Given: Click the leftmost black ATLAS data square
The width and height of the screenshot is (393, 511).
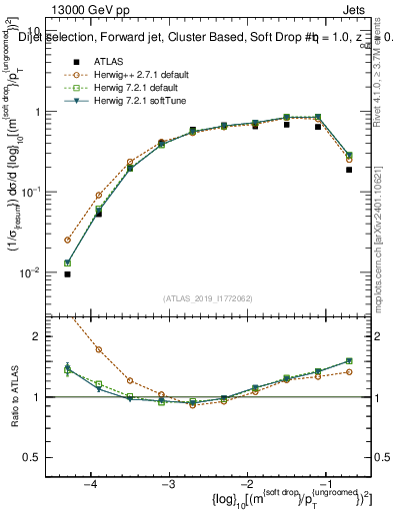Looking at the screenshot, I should [67, 273].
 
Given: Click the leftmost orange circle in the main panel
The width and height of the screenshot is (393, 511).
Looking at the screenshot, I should [67, 240].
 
